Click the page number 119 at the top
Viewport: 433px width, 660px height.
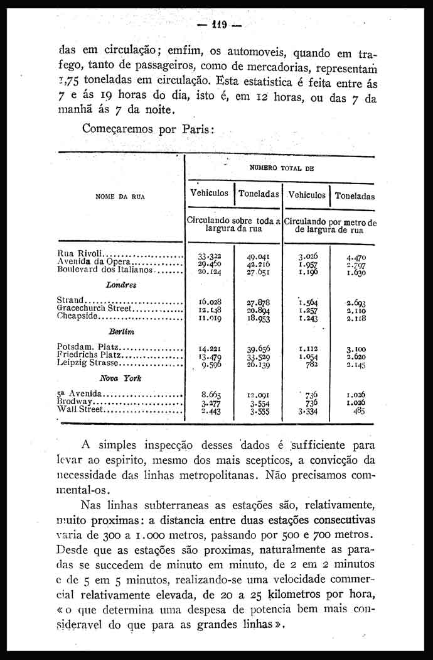(x=219, y=26)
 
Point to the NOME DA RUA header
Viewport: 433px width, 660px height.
(x=120, y=196)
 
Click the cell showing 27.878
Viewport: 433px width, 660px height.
(x=258, y=302)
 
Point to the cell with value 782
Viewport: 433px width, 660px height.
(x=311, y=363)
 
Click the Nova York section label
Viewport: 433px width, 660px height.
(x=120, y=378)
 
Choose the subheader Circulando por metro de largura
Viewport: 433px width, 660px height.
(x=330, y=226)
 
